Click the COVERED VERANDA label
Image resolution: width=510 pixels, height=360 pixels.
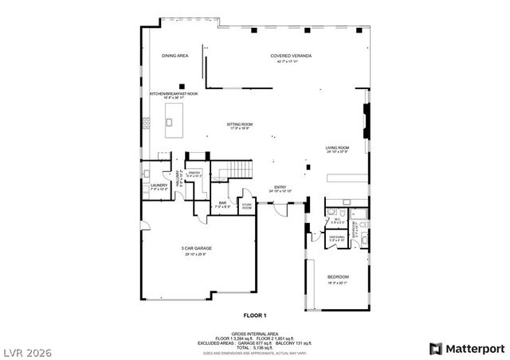(290, 56)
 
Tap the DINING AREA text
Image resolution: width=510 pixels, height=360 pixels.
(175, 56)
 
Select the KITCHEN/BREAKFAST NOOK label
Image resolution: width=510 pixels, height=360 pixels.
(174, 93)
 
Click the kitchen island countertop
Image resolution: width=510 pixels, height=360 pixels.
(171, 115)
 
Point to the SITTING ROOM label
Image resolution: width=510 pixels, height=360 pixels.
(239, 124)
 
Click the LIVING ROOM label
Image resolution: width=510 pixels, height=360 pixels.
(337, 147)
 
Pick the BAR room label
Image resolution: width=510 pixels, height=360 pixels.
(223, 202)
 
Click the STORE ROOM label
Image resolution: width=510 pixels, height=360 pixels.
(247, 205)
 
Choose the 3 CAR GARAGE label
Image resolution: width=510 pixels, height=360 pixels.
(195, 248)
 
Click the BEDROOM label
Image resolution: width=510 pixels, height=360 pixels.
(338, 276)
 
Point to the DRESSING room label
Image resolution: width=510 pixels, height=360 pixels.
(337, 237)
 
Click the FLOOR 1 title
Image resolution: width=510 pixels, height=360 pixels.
(254, 316)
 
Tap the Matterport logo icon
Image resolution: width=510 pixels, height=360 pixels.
(435, 347)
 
